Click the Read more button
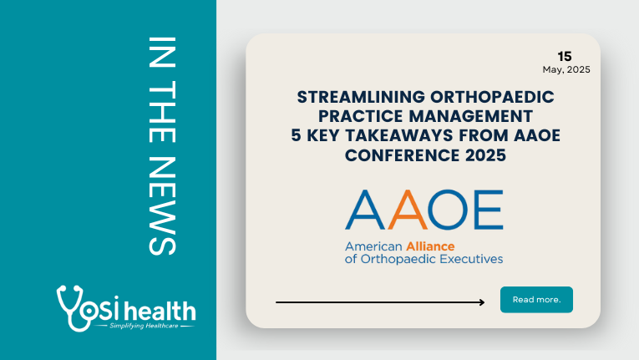tap(536, 300)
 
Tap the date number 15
tap(565, 56)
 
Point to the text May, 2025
tap(566, 69)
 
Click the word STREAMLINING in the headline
tap(361, 97)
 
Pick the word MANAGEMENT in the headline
tap(471, 116)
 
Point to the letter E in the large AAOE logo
tap(489, 210)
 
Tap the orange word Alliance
tap(430, 246)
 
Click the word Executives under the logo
tap(475, 259)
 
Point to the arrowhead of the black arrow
tap(482, 302)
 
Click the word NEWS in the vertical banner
tap(162, 206)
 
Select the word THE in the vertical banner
tap(162, 111)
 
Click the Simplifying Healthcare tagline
tap(144, 326)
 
